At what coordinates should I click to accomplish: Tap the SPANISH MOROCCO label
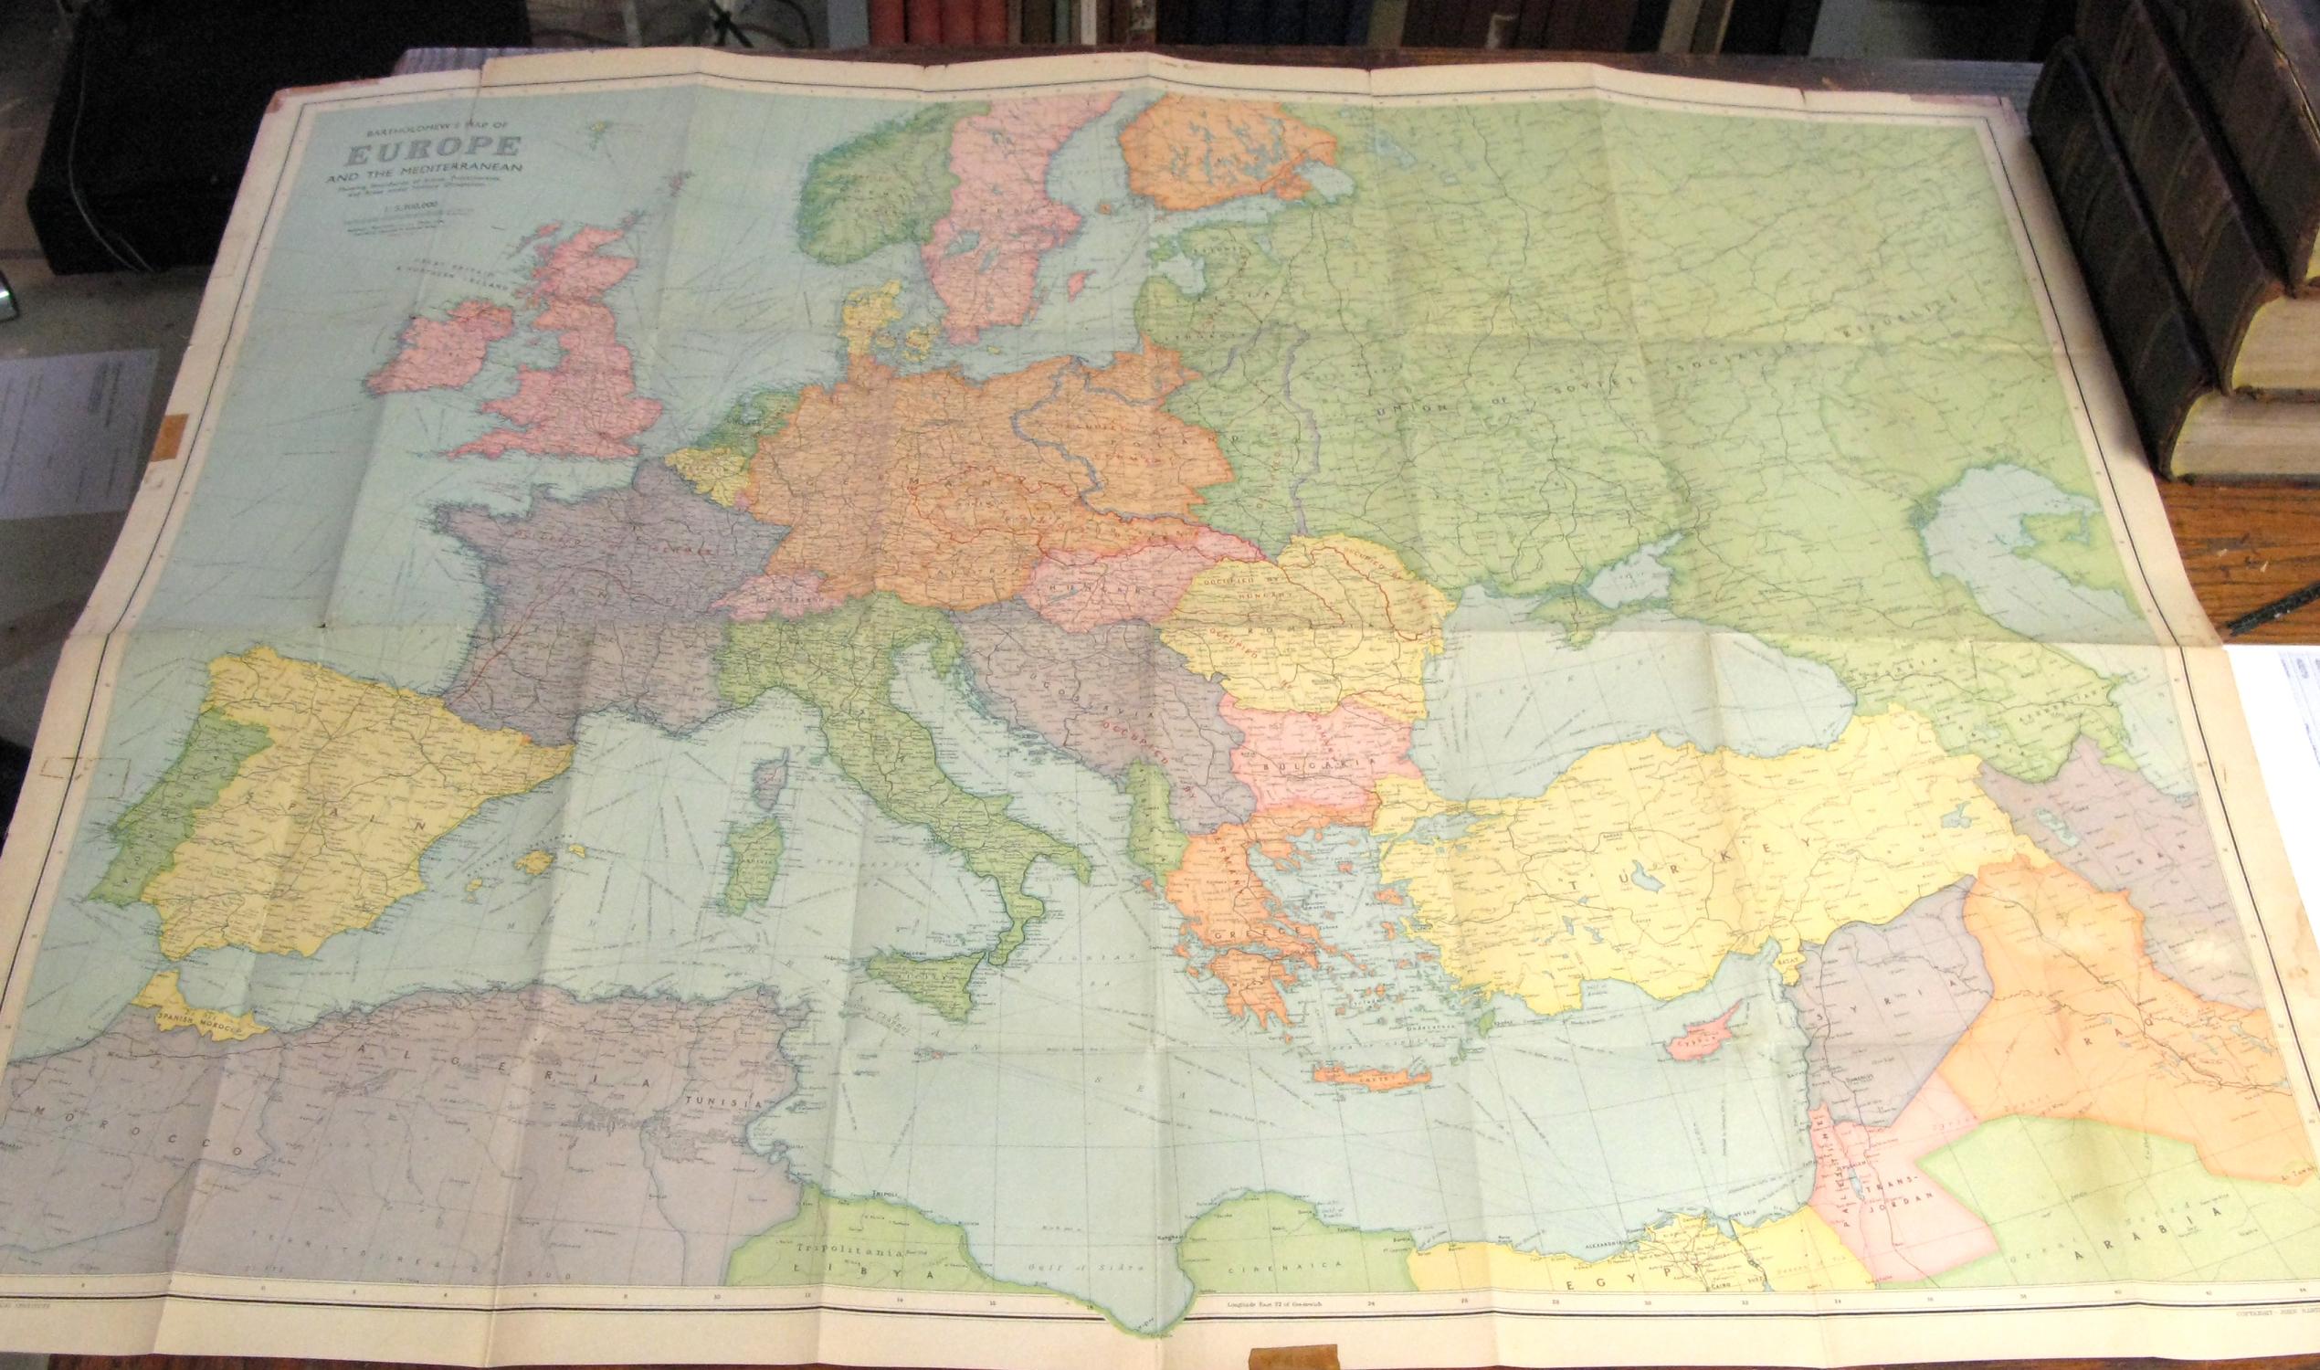pos(197,1023)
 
